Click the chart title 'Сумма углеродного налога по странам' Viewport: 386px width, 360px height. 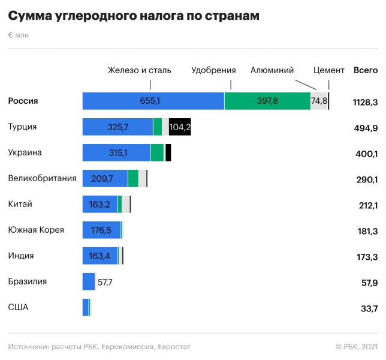tap(134, 16)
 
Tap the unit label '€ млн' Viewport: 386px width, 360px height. tap(18, 35)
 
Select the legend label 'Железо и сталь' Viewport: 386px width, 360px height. tap(139, 70)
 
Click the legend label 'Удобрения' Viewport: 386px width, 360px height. tap(213, 70)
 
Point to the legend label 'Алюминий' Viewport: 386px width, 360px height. tap(272, 70)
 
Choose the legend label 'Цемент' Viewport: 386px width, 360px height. tap(329, 70)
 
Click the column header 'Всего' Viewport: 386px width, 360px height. tap(366, 70)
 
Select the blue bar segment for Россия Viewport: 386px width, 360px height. tap(153, 101)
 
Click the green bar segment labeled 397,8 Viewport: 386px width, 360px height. tap(267, 101)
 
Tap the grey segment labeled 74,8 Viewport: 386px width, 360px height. tap(319, 101)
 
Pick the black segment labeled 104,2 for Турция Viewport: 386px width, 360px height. tap(180, 127)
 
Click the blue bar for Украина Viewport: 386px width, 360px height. tap(116, 152)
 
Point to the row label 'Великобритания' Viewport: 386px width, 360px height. tap(42, 178)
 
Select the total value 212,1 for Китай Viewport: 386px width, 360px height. tap(366, 205)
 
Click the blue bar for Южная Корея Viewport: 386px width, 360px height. tap(101, 230)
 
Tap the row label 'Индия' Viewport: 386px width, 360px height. tap(21, 256)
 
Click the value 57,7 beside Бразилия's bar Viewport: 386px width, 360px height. tap(105, 281)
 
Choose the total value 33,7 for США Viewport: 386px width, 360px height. tap(366, 308)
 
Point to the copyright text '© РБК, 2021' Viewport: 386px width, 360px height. tap(356, 347)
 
